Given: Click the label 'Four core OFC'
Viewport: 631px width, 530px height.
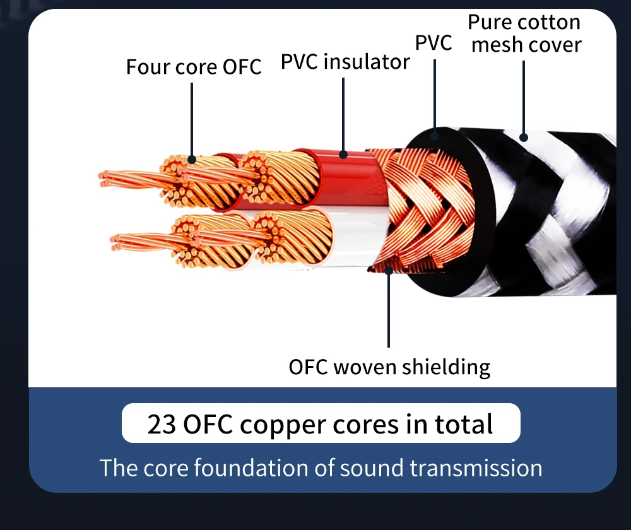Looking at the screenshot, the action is click(x=193, y=67).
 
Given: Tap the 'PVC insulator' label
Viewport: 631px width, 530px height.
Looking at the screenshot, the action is click(x=345, y=62).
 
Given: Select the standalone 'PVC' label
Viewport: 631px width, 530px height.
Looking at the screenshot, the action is click(x=433, y=43).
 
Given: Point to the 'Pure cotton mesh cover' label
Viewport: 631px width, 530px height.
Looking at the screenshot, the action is click(x=524, y=33).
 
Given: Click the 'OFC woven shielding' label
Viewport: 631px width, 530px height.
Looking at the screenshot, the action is click(x=389, y=367).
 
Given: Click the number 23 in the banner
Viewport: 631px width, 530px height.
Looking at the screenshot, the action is click(x=162, y=424).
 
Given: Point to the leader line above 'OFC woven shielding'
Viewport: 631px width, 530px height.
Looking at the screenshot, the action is click(x=389, y=309).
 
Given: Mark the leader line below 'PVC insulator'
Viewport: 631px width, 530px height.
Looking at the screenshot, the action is click(x=343, y=114).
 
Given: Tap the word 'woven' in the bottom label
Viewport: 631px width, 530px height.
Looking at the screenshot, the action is click(x=362, y=367).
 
